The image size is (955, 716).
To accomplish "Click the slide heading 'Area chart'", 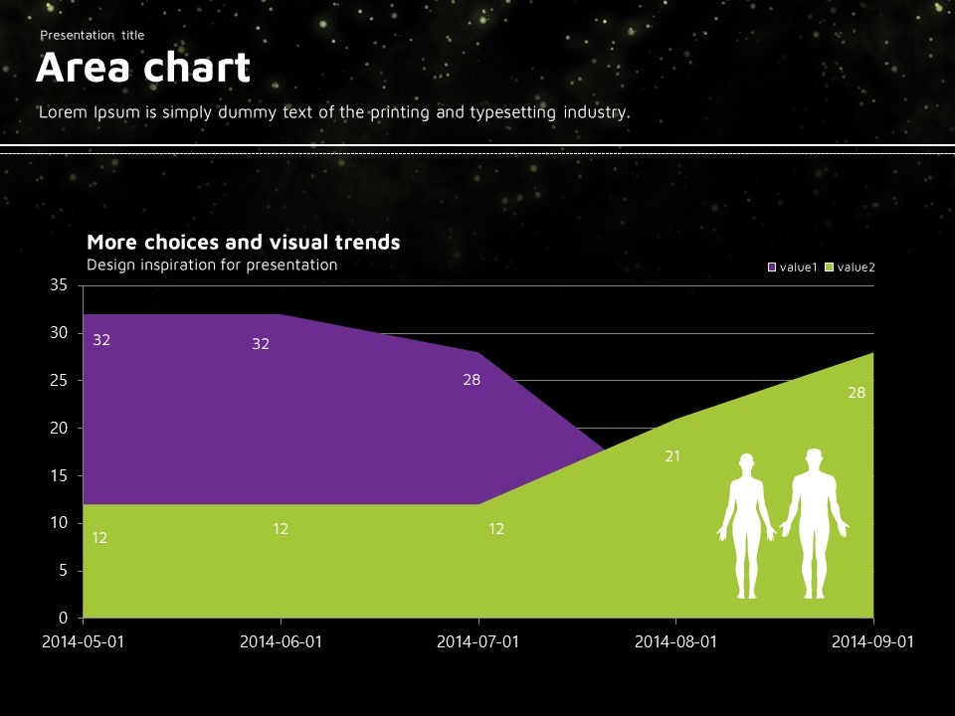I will point(143,69).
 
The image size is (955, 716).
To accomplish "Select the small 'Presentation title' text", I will point(93,36).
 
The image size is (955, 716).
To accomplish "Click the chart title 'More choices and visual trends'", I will point(244,242).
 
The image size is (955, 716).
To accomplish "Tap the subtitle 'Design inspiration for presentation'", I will point(212,265).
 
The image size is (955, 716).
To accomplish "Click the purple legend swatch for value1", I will point(772,267).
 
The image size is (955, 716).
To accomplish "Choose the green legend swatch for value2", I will point(830,267).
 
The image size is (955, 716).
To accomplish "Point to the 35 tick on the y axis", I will point(59,285).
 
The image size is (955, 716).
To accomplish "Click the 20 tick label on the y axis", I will point(59,429).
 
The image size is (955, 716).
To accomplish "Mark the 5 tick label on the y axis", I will point(63,571).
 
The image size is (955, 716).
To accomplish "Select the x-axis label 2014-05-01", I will point(83,641).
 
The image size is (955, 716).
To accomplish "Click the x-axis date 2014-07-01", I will point(478,641).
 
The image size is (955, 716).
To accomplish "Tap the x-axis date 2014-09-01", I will point(872,641).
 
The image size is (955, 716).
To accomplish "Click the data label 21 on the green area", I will point(672,456).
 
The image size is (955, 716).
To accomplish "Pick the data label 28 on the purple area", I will point(472,379).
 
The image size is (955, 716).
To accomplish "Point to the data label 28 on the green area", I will point(857,393).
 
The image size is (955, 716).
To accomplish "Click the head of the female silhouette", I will point(746,462).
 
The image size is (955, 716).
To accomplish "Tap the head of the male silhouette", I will point(815,457).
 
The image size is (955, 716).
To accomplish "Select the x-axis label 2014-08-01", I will point(676,641).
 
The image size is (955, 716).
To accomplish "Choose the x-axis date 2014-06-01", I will point(281,641).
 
